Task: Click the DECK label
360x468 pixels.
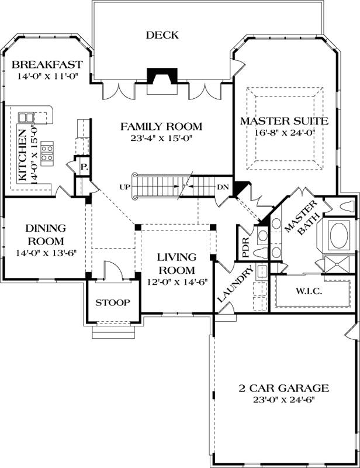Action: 162,35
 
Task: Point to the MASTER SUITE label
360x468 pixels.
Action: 285,121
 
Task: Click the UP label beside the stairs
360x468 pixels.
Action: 123,187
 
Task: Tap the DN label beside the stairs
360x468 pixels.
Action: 222,187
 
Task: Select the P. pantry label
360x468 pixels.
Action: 84,167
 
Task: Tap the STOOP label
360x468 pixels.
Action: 113,302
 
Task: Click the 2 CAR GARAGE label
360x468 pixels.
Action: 284,388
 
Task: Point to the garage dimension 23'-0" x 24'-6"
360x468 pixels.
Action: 284,401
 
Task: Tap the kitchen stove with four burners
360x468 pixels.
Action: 47,152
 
